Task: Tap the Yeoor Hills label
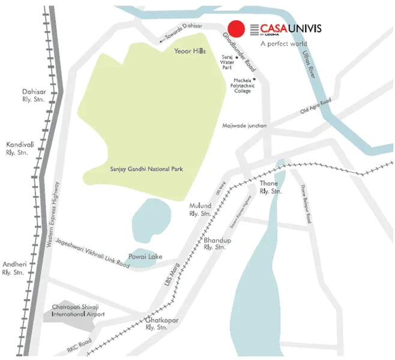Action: coord(190,52)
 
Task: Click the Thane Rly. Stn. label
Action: coord(271,187)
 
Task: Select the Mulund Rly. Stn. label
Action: coord(200,209)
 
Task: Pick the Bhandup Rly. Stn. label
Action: coord(214,243)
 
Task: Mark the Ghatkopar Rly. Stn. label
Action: coord(161,325)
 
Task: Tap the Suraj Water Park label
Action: coord(228,61)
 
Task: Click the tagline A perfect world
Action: coord(283,44)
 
